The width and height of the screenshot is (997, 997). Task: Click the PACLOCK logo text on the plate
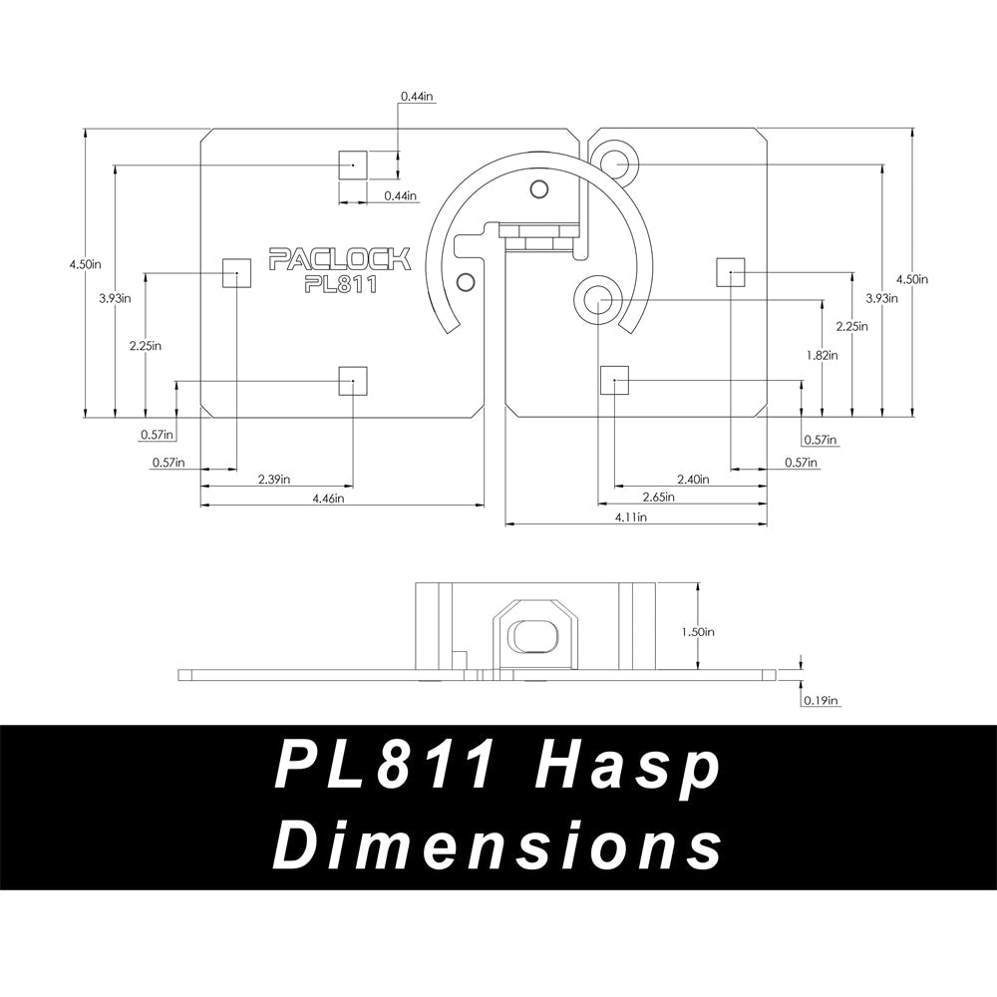(340, 260)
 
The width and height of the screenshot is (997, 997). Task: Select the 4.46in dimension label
(327, 498)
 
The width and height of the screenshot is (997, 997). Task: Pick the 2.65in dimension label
(656, 497)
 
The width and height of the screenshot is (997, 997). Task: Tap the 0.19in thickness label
(821, 701)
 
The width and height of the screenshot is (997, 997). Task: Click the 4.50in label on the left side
(86, 263)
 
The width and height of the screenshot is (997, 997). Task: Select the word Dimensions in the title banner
(498, 847)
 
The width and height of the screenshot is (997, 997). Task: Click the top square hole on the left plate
(353, 165)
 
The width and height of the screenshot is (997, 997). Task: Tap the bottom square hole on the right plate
(613, 380)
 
